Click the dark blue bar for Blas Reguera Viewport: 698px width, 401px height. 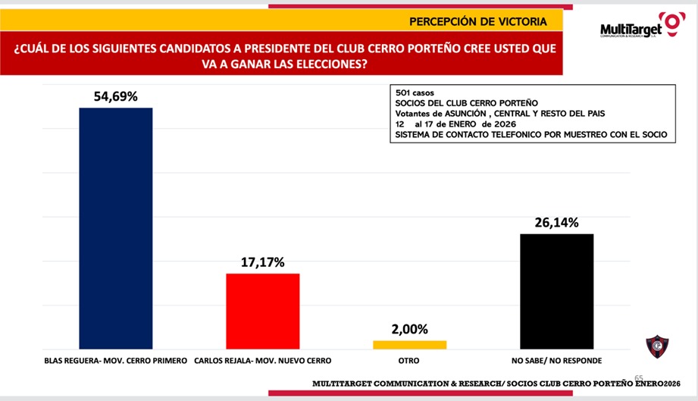click(116, 227)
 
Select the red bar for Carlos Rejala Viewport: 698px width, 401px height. click(264, 311)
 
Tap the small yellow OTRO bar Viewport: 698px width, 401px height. click(410, 345)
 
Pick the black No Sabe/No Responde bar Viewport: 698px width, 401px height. click(556, 291)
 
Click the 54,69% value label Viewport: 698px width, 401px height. click(115, 96)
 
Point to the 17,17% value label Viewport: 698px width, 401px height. click(263, 262)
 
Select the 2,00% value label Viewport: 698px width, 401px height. click(410, 329)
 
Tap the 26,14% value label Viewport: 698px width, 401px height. click(556, 222)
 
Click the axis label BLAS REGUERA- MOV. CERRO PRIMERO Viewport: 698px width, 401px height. click(116, 360)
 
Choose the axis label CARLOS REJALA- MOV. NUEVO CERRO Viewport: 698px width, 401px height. click(263, 360)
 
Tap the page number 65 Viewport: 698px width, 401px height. click(639, 377)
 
